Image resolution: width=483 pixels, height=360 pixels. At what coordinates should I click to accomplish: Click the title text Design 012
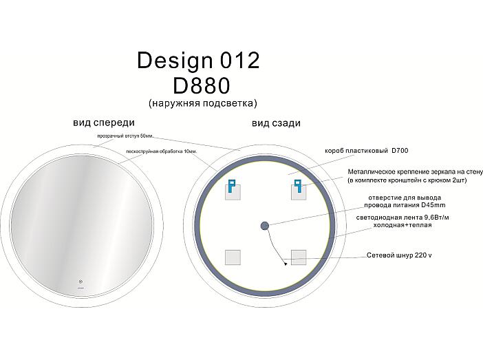198,61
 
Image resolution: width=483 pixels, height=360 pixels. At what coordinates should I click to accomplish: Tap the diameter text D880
201,85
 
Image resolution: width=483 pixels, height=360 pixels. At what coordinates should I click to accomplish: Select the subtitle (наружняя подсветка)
203,103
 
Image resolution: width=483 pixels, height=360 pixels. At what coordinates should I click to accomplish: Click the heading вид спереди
104,123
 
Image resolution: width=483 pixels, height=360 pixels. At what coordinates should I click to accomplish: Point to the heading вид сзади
276,123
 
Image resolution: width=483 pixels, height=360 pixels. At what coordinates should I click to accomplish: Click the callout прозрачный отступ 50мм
125,136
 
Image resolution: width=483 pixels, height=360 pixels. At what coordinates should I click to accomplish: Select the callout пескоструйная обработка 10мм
162,151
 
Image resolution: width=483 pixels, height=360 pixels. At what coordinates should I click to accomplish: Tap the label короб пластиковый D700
367,151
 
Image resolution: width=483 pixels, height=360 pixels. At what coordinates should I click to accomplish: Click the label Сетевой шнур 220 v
399,255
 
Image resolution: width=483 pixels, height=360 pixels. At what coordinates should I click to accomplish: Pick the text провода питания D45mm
405,205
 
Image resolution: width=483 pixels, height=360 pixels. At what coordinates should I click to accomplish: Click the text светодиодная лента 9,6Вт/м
402,218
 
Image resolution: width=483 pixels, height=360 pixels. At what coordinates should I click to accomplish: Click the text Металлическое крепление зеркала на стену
416,171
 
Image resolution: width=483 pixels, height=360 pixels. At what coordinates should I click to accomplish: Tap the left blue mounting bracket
231,185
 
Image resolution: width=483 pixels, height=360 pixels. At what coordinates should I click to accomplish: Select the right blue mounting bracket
297,186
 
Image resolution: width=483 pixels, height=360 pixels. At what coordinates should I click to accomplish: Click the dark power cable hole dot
265,226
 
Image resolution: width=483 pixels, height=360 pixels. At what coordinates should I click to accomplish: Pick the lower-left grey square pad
233,257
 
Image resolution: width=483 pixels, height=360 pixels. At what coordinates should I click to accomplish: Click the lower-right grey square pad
299,257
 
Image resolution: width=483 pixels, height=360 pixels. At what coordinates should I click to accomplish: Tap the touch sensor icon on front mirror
80,282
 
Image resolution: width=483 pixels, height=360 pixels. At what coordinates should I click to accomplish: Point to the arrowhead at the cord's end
286,264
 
